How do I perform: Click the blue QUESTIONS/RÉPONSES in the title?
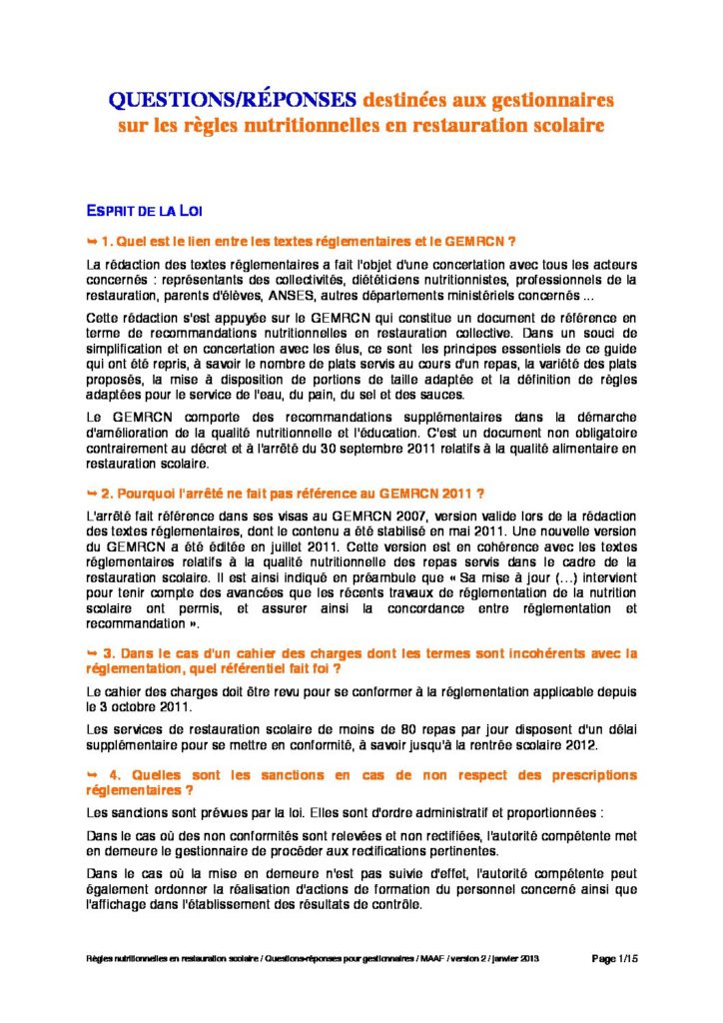(232, 101)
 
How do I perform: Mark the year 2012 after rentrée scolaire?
(580, 745)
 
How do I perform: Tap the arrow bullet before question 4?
(93, 775)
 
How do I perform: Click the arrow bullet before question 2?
(93, 494)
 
